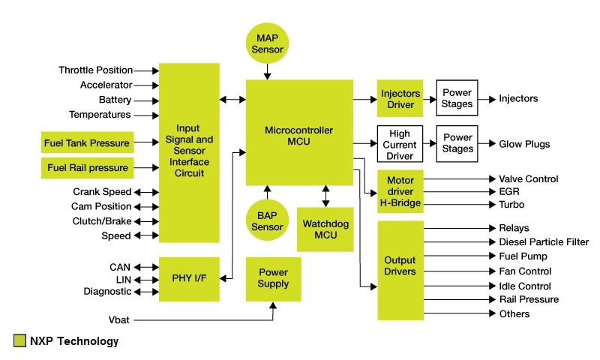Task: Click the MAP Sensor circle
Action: [x=268, y=43]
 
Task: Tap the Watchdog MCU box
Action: [x=326, y=229]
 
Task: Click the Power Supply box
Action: [x=273, y=278]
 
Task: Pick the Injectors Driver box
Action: [x=400, y=99]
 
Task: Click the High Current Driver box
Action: [x=400, y=143]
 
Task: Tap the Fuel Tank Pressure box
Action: [x=88, y=142]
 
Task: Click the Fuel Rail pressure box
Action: [x=88, y=167]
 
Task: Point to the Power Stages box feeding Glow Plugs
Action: [x=457, y=143]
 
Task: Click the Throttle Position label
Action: [x=96, y=70]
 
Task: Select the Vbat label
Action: [x=118, y=319]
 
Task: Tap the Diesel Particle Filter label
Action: [x=543, y=242]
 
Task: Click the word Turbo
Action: [x=511, y=205]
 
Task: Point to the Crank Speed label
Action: [x=102, y=192]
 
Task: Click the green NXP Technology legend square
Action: [x=19, y=342]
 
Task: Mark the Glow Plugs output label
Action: [x=524, y=144]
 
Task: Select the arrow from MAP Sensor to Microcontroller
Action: [x=268, y=72]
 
